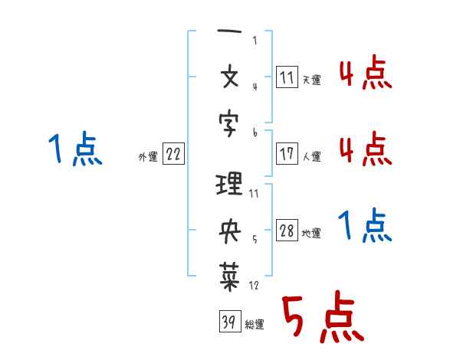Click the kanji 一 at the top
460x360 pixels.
tap(229, 31)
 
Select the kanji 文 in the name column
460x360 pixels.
tap(230, 77)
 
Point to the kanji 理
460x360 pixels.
tap(228, 184)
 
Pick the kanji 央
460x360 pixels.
tap(230, 231)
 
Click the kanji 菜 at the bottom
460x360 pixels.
tap(230, 277)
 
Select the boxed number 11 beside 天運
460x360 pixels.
tap(287, 77)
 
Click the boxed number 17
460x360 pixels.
tap(287, 153)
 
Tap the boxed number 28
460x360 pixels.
tap(287, 230)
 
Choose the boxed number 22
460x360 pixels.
tap(173, 153)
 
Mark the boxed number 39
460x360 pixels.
tap(230, 321)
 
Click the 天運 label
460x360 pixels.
tap(312, 80)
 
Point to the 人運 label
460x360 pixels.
tap(312, 156)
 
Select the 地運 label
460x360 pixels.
tap(311, 233)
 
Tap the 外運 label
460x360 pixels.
tap(148, 156)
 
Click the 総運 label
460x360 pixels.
tap(255, 325)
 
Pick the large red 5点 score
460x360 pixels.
tap(323, 316)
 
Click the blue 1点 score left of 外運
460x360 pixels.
tap(75, 149)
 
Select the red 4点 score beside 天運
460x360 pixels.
tap(366, 72)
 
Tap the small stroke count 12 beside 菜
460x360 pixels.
tap(254, 285)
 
